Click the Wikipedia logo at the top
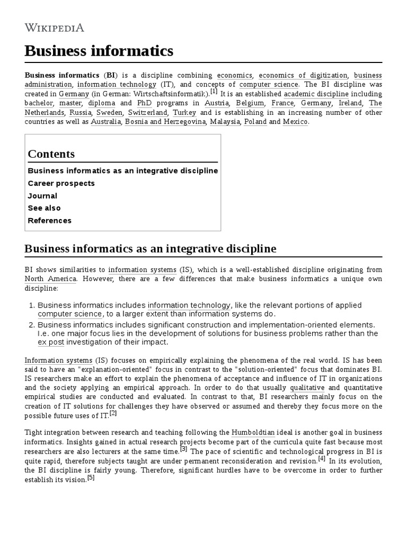54,28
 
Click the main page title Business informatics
99,51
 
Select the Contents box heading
51,154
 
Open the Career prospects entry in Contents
61,183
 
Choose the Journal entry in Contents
42,196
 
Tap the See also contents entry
44,208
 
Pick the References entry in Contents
49,221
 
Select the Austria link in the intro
217,103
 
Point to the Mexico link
295,122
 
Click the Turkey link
184,113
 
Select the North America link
50,279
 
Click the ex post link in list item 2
50,342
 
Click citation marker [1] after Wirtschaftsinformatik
213,91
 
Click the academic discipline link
316,94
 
